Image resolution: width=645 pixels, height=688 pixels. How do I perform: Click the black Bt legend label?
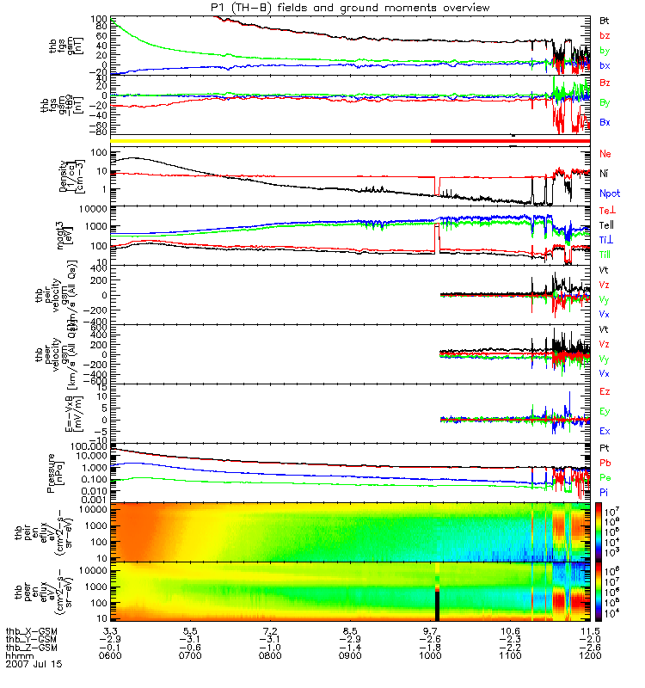coord(605,20)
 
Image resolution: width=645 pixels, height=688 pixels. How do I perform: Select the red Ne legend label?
coord(605,154)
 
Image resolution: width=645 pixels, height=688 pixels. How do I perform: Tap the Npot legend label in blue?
coord(608,193)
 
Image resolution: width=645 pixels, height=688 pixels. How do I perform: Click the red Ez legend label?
coord(605,391)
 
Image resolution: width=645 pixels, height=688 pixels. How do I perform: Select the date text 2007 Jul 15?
coord(34,665)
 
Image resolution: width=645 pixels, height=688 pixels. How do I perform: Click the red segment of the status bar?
coord(511,138)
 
